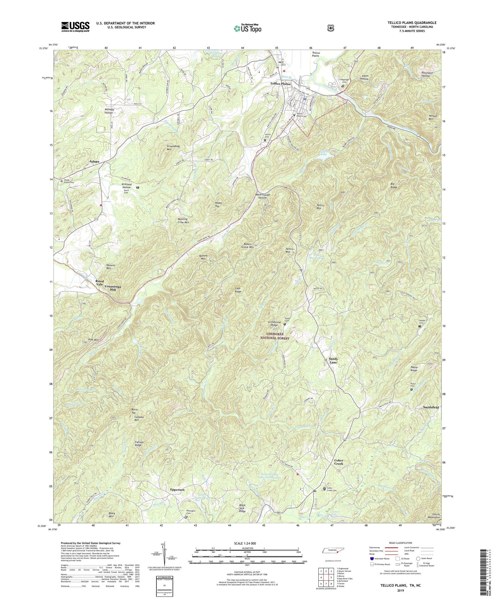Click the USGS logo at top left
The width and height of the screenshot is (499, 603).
pos(75,26)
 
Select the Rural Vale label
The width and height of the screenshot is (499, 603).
pos(99,283)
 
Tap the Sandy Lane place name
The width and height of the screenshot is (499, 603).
pos(333,361)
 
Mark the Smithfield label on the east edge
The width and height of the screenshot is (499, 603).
pos(430,407)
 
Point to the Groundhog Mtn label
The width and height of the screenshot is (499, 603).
pos(174,148)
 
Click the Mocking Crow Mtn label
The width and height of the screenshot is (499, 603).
pos(183,221)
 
